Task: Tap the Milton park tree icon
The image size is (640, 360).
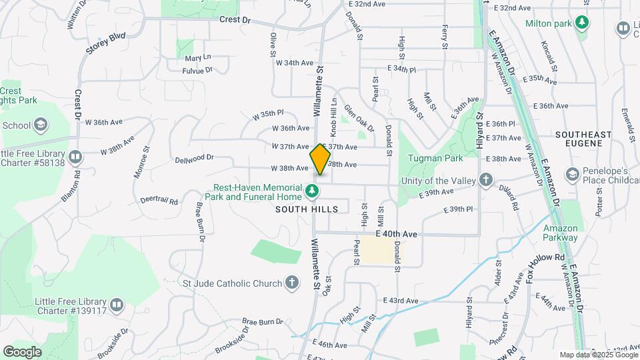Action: pyautogui.click(x=583, y=23)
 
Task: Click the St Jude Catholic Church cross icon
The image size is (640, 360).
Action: pyautogui.click(x=291, y=283)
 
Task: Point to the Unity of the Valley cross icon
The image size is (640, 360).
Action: pyautogui.click(x=486, y=180)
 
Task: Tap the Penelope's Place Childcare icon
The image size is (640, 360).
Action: pyautogui.click(x=571, y=175)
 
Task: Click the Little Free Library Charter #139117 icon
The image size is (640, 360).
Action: pyautogui.click(x=117, y=305)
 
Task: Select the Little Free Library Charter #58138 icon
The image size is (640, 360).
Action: pyautogui.click(x=75, y=157)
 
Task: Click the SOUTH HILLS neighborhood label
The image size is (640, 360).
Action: pyautogui.click(x=307, y=209)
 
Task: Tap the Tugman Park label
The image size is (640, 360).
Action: pyautogui.click(x=437, y=159)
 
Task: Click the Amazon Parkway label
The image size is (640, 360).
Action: pyautogui.click(x=560, y=233)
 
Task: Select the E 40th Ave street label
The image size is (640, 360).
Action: pyautogui.click(x=396, y=235)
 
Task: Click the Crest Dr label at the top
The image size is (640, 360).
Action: pyautogui.click(x=235, y=20)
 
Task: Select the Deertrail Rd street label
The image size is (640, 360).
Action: pyautogui.click(x=159, y=200)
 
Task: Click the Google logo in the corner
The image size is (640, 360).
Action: pyautogui.click(x=22, y=351)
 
